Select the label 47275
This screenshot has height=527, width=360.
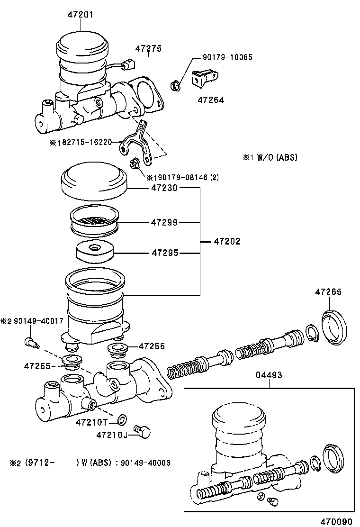pyautogui.click(x=148, y=48)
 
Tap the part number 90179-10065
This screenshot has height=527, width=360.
pyautogui.click(x=224, y=57)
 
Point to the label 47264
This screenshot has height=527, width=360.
pyautogui.click(x=211, y=100)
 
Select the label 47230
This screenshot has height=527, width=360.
pyautogui.click(x=164, y=188)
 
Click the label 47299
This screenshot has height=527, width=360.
pyautogui.click(x=164, y=222)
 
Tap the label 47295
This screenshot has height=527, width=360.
pyautogui.click(x=164, y=253)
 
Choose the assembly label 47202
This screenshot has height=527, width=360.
pyautogui.click(x=226, y=241)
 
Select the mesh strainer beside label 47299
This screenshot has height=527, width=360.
pyautogui.click(x=95, y=221)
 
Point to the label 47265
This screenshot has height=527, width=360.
pyautogui.click(x=328, y=292)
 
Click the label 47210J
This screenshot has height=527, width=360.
pyautogui.click(x=112, y=435)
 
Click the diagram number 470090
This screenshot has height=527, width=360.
pyautogui.click(x=336, y=521)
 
